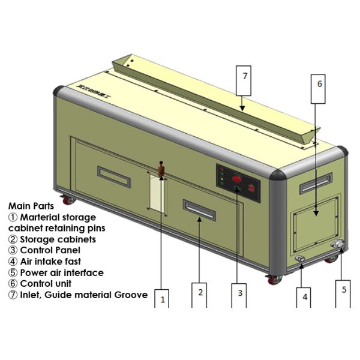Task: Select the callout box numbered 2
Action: point(200,293)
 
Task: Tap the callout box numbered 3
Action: point(239,293)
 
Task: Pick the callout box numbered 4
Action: point(305,296)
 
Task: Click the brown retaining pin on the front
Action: point(161,170)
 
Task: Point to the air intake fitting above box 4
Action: point(299,259)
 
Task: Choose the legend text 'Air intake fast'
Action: point(49,262)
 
